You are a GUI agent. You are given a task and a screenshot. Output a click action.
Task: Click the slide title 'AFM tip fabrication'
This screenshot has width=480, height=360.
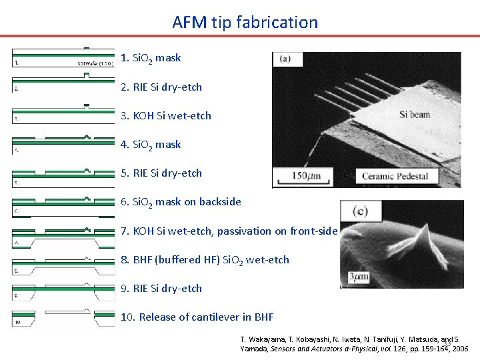point(245,22)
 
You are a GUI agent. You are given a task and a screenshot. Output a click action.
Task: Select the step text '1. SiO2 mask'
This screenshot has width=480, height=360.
point(151,58)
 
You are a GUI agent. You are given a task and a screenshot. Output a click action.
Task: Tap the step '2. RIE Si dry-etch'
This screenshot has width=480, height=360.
point(161,87)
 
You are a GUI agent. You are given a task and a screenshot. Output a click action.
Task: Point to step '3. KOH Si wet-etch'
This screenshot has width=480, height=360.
point(166,115)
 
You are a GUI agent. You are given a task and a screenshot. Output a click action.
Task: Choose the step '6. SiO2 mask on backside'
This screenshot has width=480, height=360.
point(181,201)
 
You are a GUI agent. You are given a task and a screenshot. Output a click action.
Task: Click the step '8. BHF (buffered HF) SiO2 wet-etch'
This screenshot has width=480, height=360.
point(205,259)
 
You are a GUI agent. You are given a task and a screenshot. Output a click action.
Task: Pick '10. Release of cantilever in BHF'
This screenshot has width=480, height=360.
point(197,317)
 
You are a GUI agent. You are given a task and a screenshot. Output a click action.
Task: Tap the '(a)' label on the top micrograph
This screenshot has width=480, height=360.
point(285,59)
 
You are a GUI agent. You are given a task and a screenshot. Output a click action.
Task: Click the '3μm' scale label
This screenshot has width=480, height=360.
point(355,276)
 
